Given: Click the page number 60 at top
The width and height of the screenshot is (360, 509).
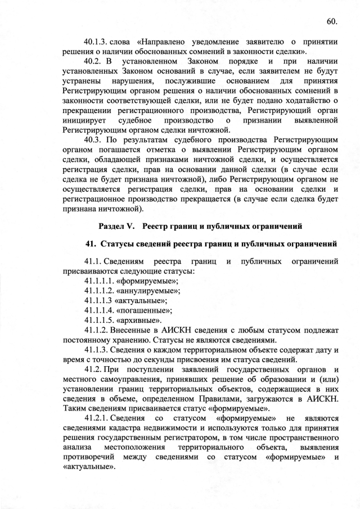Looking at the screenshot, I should pyautogui.click(x=331, y=22).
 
